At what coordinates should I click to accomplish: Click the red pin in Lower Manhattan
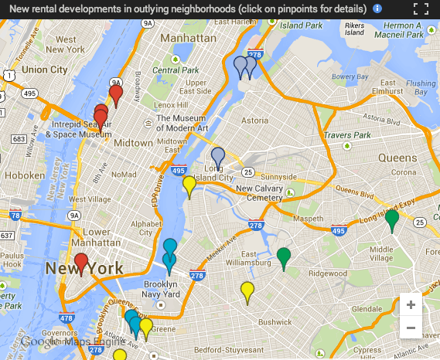point(81,263)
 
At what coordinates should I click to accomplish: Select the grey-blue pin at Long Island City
point(218,157)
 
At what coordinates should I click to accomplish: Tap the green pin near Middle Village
point(392,219)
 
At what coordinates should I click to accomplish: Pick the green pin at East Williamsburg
point(284,257)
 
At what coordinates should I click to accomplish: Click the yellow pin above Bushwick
point(247,292)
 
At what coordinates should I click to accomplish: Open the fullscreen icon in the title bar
point(421,9)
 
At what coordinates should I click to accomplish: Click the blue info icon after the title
point(377,8)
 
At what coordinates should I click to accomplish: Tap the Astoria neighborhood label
point(255,121)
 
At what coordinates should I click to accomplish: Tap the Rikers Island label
point(354,29)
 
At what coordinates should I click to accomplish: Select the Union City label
point(44,70)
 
